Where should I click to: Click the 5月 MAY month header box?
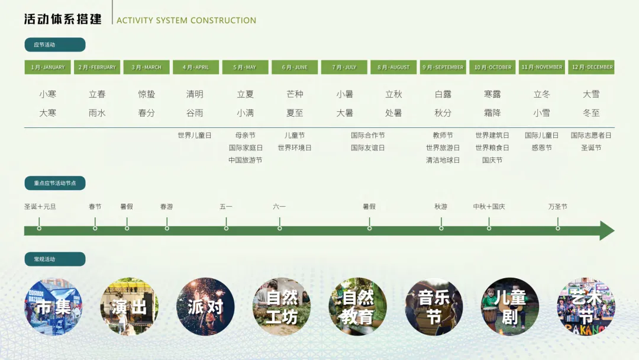point(245,67)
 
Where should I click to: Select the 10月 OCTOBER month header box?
point(492,67)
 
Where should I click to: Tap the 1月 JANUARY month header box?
point(47,67)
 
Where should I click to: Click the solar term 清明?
point(195,94)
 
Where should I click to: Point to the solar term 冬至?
point(591,112)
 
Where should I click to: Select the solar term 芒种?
point(295,94)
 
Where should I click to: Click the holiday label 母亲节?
point(245,136)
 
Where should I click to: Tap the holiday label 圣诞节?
point(591,147)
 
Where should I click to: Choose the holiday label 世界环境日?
point(295,147)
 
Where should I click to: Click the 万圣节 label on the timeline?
point(557,207)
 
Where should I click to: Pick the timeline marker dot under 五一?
point(226,228)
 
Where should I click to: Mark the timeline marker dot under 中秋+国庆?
point(489,228)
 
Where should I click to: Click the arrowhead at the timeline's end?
point(607,230)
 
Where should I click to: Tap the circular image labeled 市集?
point(53,307)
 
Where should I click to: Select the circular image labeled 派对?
point(205,307)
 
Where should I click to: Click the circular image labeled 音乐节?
point(434,307)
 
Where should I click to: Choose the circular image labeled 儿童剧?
point(510,307)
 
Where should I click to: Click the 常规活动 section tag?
point(55,259)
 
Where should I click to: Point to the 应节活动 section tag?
point(55,45)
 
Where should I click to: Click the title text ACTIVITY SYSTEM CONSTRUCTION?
point(186,21)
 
